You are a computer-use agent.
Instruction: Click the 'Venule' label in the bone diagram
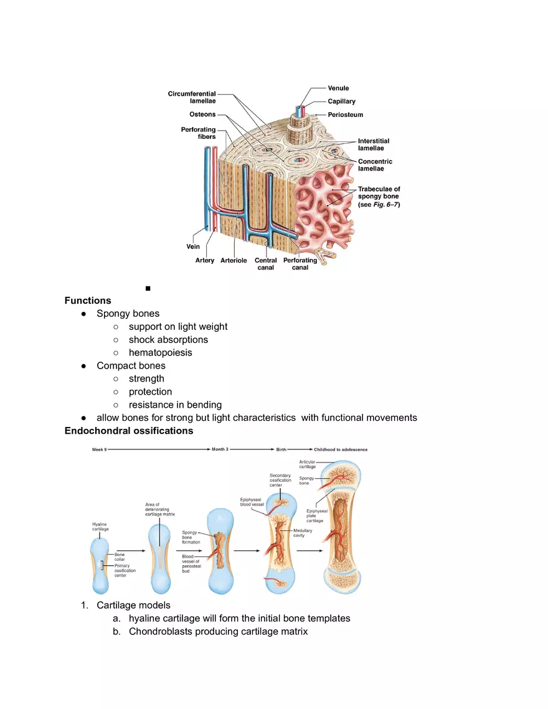(x=338, y=88)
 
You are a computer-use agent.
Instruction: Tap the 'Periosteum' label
(x=345, y=115)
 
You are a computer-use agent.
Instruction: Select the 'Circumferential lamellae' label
(x=192, y=97)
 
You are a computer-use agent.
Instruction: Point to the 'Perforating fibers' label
(x=198, y=133)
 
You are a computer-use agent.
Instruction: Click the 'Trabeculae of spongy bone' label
(x=379, y=196)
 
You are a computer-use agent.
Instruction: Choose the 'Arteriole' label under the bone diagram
(x=234, y=261)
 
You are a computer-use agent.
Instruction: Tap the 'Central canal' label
(x=266, y=264)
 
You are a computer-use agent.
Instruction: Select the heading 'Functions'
(x=88, y=301)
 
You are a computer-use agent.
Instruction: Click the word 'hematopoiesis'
(x=160, y=353)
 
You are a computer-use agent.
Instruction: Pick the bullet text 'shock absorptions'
(x=168, y=340)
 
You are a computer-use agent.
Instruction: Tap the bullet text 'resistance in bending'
(x=175, y=405)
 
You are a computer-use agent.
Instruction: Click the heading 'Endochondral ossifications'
(x=129, y=431)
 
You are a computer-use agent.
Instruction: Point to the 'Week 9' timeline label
(x=99, y=449)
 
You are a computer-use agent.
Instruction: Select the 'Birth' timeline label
(x=281, y=449)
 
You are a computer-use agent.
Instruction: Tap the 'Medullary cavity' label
(x=303, y=533)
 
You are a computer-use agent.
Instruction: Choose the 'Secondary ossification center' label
(x=280, y=480)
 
